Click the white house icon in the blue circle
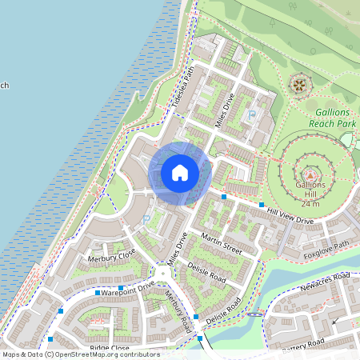(180, 172)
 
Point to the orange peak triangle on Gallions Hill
(310, 173)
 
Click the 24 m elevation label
(310, 204)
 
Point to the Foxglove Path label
(327, 248)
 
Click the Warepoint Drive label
(128, 286)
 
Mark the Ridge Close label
(110, 349)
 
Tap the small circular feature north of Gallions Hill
(300, 82)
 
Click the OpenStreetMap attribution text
(81, 354)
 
